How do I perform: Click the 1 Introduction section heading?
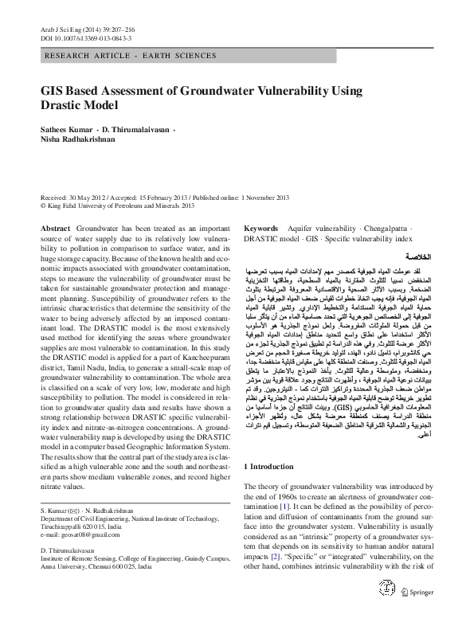[276, 464]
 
